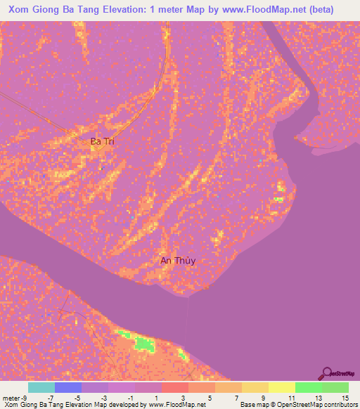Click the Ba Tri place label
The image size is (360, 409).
pos(103,141)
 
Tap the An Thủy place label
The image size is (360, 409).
pos(177,261)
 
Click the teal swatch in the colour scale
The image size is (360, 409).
pos(41,387)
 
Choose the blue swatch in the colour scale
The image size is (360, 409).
pos(67,387)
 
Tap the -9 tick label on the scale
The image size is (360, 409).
pos(24,398)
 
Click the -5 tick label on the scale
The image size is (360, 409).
pos(77,398)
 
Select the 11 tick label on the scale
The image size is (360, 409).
pos(290,398)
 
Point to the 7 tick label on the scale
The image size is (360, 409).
pos(237,398)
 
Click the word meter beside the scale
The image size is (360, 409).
pos(11,398)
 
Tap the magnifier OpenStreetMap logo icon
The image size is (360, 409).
pos(328,373)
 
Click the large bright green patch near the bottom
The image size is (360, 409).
pos(144,344)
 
